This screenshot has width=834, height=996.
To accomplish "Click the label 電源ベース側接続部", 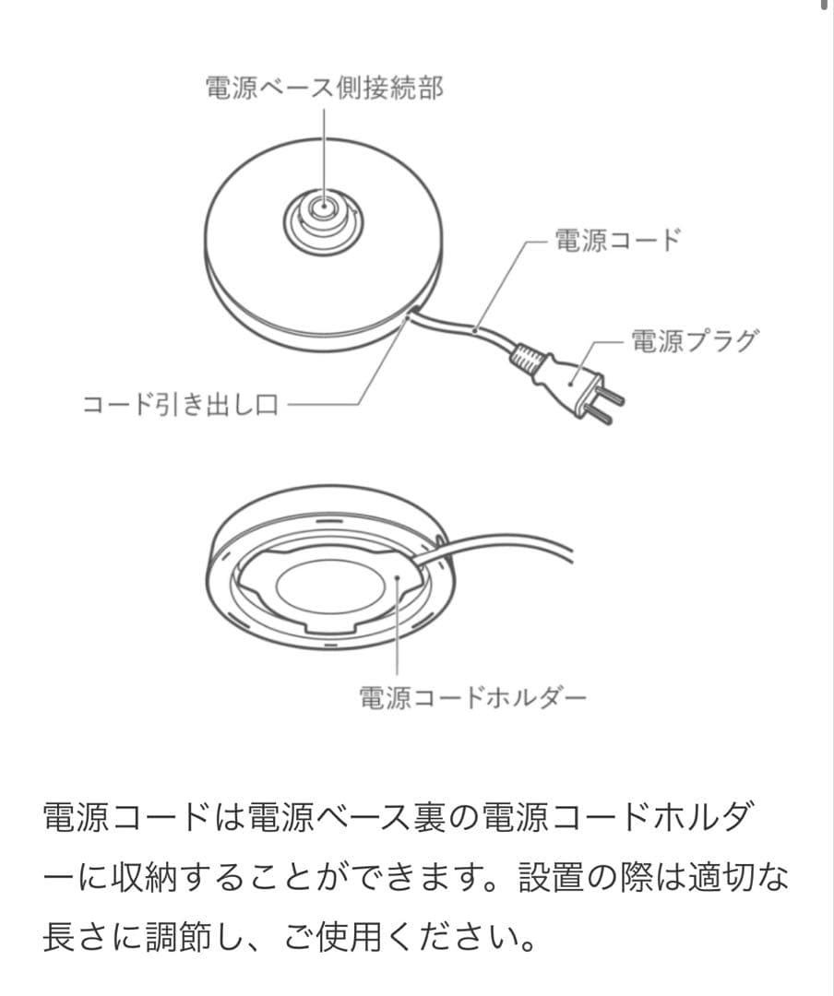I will click(324, 89).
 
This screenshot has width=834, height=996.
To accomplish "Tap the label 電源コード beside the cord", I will click(616, 241).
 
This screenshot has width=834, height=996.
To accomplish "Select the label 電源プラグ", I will click(692, 341).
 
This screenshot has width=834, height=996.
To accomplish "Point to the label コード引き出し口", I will click(180, 405).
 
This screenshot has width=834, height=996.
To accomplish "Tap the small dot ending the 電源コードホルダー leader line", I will click(396, 578).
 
